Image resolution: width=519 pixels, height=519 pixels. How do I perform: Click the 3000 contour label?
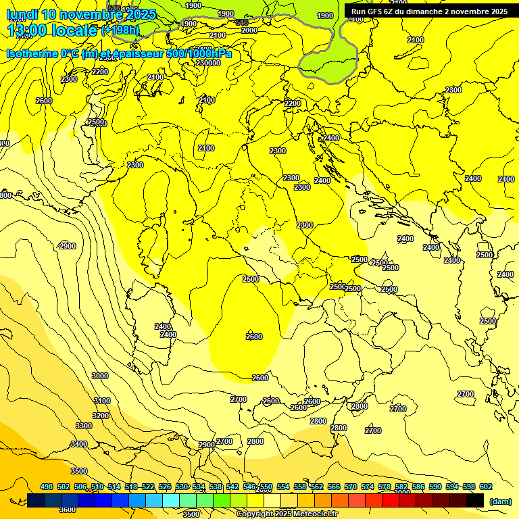point(100,376)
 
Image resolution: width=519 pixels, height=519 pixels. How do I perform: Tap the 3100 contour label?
point(101,401)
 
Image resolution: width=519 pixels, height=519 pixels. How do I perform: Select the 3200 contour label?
point(101,416)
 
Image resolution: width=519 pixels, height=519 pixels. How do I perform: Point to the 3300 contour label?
point(84,426)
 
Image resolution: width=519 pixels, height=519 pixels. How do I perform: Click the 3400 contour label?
point(79,444)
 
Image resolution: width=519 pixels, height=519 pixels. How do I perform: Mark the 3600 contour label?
point(68,510)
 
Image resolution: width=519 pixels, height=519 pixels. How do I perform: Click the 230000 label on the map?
point(208,63)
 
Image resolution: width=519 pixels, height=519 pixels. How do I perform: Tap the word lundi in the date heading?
point(22,14)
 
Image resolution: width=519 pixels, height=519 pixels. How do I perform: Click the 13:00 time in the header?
point(27,30)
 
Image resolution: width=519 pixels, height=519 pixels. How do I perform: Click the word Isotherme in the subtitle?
point(32,53)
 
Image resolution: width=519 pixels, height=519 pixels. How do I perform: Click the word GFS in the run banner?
point(376,11)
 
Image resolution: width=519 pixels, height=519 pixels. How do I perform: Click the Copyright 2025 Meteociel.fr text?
point(287,514)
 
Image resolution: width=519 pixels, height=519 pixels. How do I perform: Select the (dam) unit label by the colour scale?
point(499,501)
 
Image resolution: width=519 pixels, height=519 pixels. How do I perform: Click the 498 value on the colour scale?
point(47,487)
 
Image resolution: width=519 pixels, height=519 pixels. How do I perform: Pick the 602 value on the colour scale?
point(486,487)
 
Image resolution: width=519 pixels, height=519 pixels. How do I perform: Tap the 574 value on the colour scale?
point(368,487)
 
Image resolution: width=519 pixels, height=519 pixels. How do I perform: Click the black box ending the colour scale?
point(475,500)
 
